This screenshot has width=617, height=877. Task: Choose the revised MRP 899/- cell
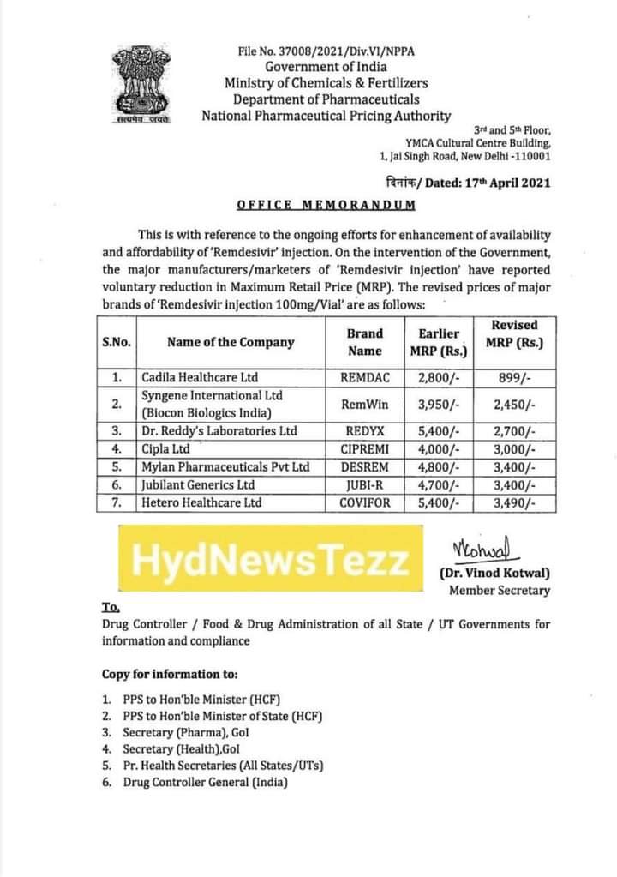tap(516, 377)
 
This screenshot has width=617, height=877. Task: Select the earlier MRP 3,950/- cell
tap(440, 404)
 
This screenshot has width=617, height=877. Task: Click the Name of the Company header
tap(231, 342)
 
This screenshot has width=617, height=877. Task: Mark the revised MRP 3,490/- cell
tap(516, 502)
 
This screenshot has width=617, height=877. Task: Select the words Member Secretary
tap(500, 591)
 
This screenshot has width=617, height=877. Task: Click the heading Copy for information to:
tap(170, 675)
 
